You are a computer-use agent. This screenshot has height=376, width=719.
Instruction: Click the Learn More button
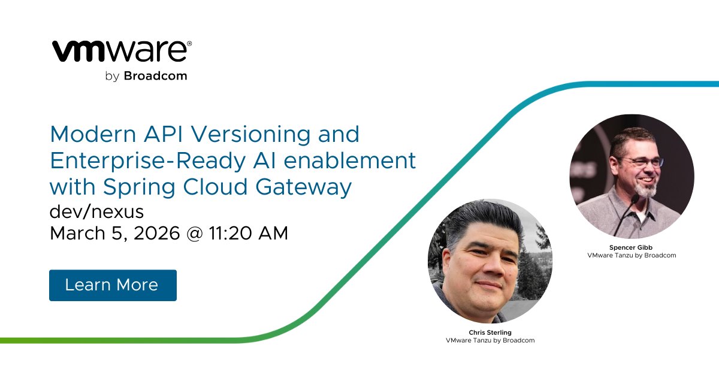(113, 285)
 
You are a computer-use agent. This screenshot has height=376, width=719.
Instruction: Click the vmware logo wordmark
(122, 51)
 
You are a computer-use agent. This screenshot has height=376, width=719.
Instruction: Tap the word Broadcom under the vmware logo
(155, 76)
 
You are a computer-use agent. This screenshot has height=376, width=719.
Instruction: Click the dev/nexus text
(96, 211)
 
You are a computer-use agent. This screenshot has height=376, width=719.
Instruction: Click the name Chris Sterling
(490, 332)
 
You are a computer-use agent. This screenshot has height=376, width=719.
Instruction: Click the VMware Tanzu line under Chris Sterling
(490, 340)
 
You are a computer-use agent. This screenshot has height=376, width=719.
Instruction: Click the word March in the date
(75, 234)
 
